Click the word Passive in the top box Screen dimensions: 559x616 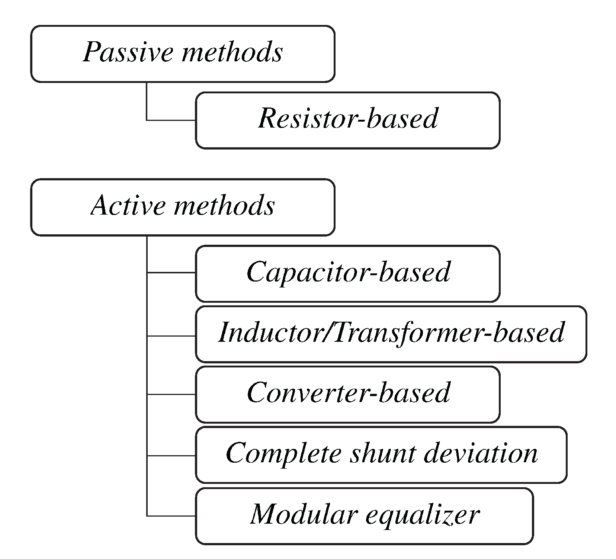pos(128,52)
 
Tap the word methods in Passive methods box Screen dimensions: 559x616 pos(232,52)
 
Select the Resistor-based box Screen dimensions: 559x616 pos(347,120)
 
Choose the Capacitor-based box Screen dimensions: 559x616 pos(347,273)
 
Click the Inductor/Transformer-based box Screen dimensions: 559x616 pos(391,333)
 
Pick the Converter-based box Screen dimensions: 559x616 pos(347,393)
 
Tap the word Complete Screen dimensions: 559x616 pos(283,454)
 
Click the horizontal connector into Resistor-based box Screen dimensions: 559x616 pos(171,120)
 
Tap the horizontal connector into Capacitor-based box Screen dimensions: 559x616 pos(171,273)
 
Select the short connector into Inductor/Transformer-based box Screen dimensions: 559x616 pos(171,336)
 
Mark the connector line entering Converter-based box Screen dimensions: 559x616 pos(171,394)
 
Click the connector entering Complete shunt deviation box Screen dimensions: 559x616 pos(171,455)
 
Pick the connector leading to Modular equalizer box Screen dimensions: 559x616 pos(171,516)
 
